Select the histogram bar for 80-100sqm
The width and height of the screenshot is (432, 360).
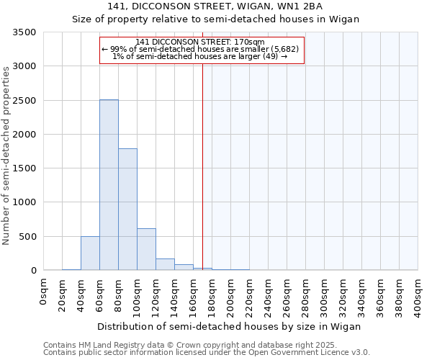click(x=127, y=210)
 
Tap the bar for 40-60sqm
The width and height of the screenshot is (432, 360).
click(x=90, y=253)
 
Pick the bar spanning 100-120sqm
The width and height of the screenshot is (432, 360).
click(x=146, y=249)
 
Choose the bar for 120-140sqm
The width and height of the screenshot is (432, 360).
click(x=165, y=264)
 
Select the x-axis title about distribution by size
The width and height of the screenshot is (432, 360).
click(x=228, y=326)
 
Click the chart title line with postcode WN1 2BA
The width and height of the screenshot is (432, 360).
click(x=215, y=6)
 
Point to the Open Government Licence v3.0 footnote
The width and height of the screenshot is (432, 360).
click(x=207, y=353)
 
